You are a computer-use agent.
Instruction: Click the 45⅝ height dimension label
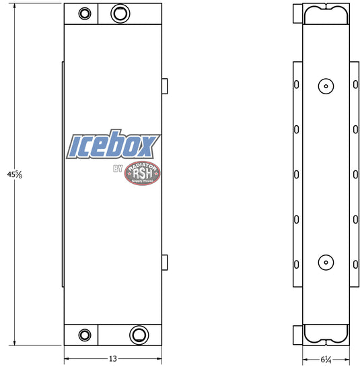(x=15, y=174)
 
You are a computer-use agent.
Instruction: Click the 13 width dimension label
(x=113, y=358)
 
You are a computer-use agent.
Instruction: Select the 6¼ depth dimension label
(x=326, y=360)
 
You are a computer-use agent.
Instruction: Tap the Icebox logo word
(x=113, y=144)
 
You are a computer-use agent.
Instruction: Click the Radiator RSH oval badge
(x=143, y=173)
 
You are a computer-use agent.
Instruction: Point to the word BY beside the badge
(x=118, y=168)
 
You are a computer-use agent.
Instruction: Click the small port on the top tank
(x=85, y=13)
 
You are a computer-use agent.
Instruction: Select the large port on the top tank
(x=120, y=13)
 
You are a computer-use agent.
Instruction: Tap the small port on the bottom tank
(x=85, y=335)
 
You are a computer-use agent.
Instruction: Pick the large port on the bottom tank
(x=139, y=335)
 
